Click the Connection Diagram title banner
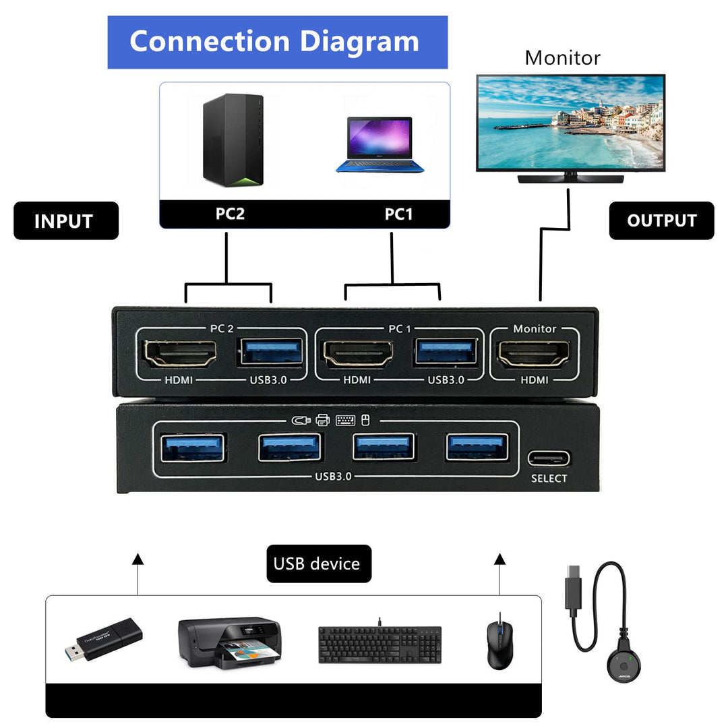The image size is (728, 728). click(x=277, y=42)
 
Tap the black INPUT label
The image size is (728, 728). click(x=66, y=221)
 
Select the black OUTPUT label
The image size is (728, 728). click(x=661, y=220)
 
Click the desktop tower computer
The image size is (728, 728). click(x=233, y=140)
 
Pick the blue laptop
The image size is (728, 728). click(x=380, y=146)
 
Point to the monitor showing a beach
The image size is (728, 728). click(x=570, y=123)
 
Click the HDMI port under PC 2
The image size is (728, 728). click(x=180, y=354)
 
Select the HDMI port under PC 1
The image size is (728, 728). click(x=358, y=354)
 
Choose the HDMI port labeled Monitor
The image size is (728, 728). click(x=533, y=354)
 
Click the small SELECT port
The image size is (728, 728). click(x=549, y=459)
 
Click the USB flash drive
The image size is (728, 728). click(x=104, y=638)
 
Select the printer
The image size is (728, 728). click(x=229, y=644)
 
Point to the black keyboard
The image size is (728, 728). click(x=380, y=644)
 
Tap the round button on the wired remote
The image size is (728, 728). click(x=624, y=666)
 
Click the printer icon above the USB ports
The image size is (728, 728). click(x=323, y=420)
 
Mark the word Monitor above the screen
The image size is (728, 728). click(x=562, y=58)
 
